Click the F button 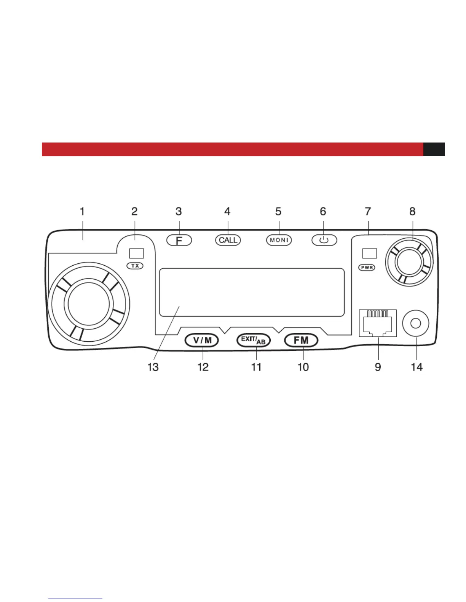179,240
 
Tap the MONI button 279,240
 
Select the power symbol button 324,240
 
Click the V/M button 202,340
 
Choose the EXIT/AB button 254,340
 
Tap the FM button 301,340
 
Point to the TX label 135,266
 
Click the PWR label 367,268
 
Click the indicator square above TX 136,253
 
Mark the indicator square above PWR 369,253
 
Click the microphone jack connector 378,323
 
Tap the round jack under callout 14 416,323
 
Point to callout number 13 153,367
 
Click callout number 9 378,367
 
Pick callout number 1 82,211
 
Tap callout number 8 412,211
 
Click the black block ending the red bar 434,149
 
